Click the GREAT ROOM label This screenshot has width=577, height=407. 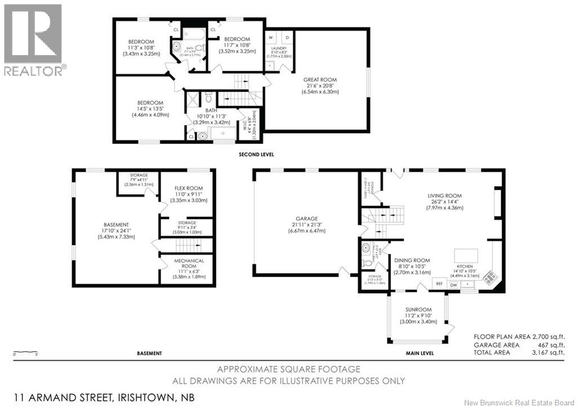coord(319,80)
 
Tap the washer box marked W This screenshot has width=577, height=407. coord(271,38)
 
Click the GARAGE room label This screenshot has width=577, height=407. coord(307,219)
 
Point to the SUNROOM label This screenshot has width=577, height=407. coord(418,310)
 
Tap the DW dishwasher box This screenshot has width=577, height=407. coord(454,285)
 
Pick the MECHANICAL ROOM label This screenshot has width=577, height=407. coord(188,264)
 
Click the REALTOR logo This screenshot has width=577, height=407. coord(33,39)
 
